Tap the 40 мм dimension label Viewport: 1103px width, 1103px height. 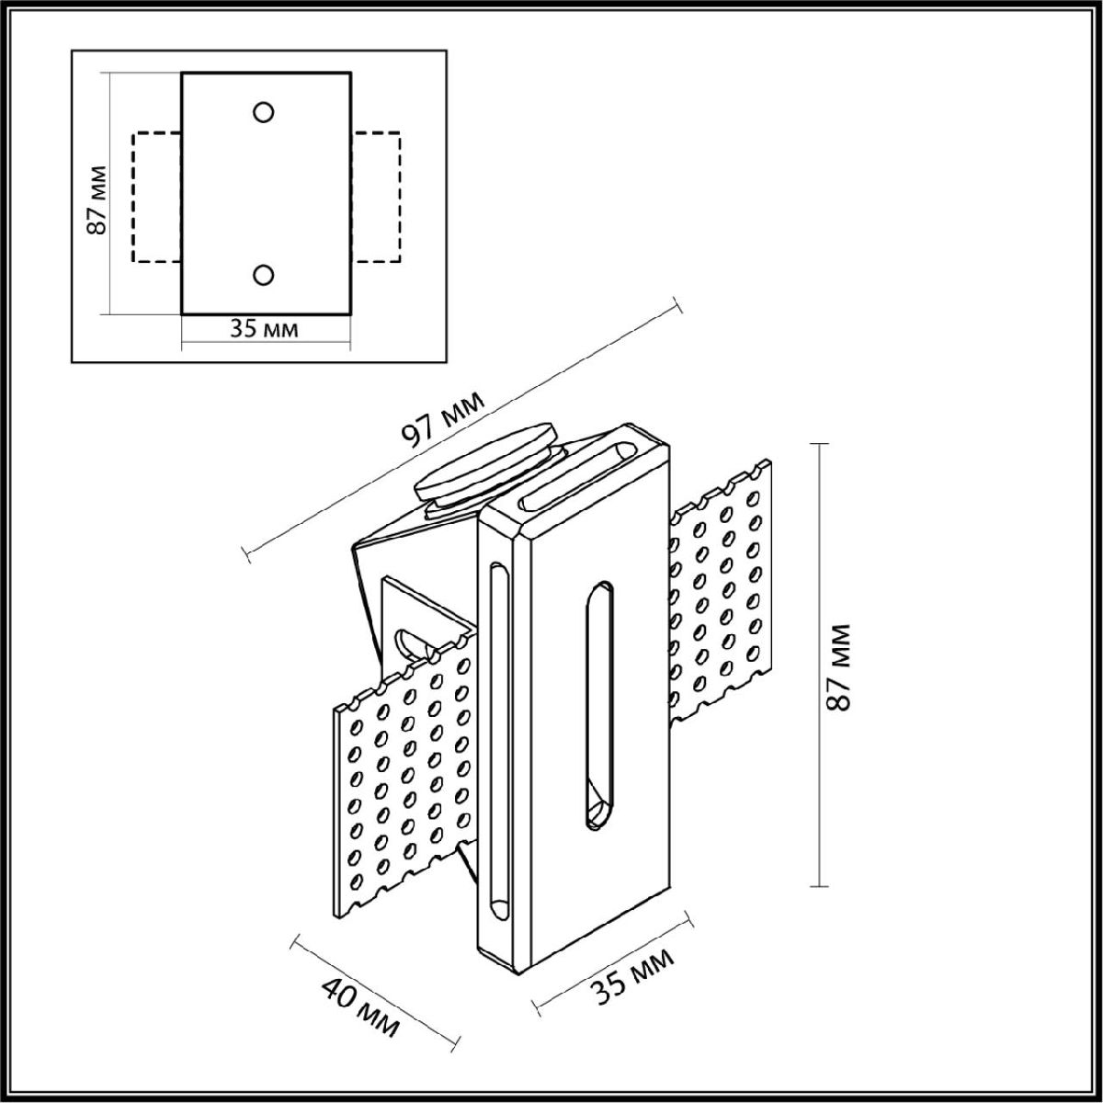360,1008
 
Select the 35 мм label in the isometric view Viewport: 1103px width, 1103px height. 632,976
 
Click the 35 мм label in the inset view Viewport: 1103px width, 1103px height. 265,329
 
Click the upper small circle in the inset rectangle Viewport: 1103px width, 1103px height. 264,112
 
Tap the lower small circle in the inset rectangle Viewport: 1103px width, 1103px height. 264,274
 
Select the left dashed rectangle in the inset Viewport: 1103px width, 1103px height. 157,198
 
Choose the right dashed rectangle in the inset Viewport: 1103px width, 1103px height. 376,198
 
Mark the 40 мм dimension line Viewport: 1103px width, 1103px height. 375,991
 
